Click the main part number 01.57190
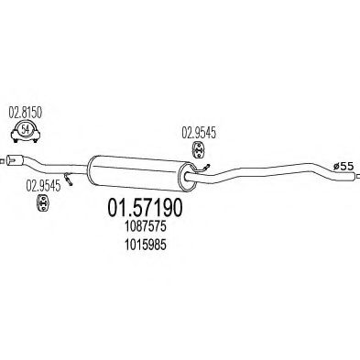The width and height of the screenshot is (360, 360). tap(145, 208)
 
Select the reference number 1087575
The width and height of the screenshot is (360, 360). tap(145, 226)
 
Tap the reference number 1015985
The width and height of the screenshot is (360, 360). tap(145, 245)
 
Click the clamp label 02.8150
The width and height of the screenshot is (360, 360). tap(25, 113)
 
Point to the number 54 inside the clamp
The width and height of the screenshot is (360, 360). tap(26, 129)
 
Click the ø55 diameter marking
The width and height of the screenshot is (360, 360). tap(344, 167)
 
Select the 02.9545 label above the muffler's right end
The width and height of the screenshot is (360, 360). tap(199, 133)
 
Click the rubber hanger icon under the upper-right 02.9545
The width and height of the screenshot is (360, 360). tap(198, 149)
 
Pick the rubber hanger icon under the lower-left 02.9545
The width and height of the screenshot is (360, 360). tap(43, 202)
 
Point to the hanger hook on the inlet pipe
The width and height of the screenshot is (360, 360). tap(68, 179)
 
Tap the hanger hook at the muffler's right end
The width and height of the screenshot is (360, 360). tap(203, 168)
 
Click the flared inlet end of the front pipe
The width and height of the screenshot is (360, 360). tap(14, 159)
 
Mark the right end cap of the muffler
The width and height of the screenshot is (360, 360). tap(188, 177)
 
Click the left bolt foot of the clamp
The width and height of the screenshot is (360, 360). tap(15, 140)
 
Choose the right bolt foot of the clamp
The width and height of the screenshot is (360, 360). tap(36, 140)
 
